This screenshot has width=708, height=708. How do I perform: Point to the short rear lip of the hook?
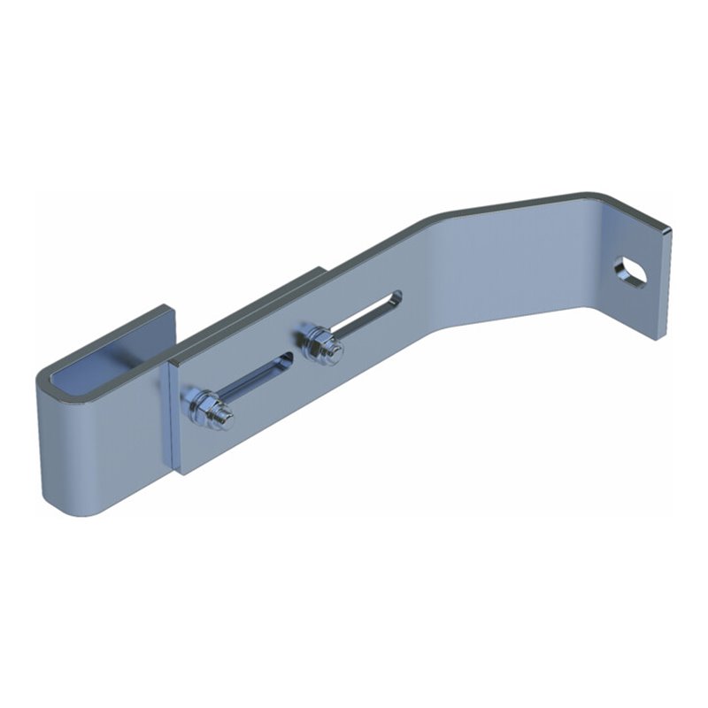(x=164, y=323)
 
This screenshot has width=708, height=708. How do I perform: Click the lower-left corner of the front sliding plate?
(x=181, y=472)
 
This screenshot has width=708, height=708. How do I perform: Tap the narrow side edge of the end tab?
(x=666, y=283)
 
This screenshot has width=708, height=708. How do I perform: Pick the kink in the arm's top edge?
(x=434, y=218)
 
